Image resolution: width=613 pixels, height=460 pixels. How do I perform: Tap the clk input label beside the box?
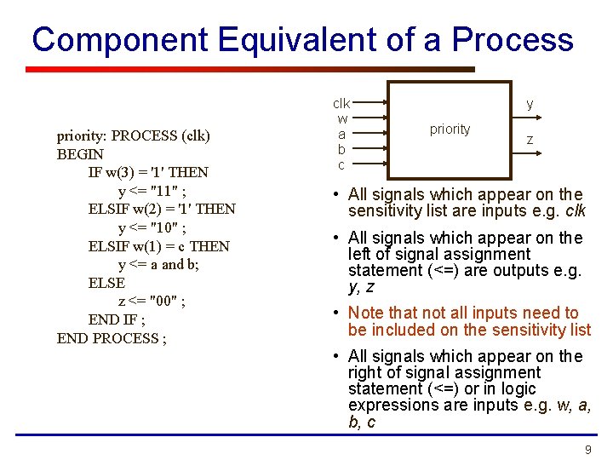coord(341,103)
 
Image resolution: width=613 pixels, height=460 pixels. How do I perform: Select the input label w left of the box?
coord(342,118)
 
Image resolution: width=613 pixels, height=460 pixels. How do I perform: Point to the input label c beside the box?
coord(341,164)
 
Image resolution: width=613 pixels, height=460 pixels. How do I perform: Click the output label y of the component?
coord(530,104)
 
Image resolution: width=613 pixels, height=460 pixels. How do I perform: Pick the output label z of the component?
coord(530,140)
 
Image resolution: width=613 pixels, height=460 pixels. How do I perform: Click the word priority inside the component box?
coord(450,129)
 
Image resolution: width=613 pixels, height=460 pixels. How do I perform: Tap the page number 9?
coord(587,449)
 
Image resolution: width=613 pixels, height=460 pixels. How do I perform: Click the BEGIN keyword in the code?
coord(80,154)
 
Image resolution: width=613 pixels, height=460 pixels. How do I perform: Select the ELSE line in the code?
coord(106,283)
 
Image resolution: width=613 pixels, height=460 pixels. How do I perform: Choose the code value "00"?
coord(167,302)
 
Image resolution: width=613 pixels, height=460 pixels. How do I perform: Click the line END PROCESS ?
coord(112,338)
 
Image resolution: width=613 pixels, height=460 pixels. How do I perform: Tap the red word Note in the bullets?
coord(367,313)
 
